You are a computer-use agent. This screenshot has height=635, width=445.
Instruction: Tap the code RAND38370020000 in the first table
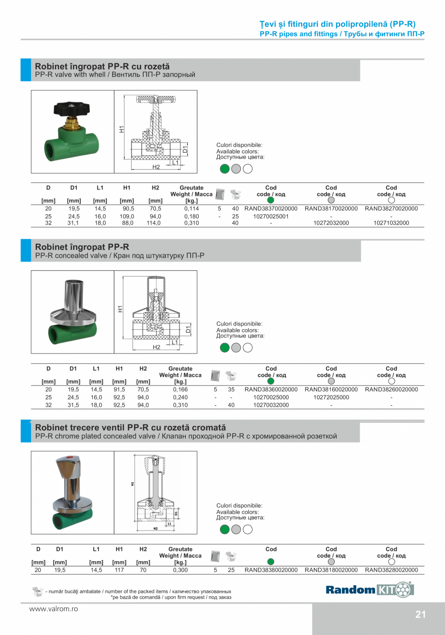pyautogui.click(x=271, y=209)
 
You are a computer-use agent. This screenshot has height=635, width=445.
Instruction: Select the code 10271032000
pyautogui.click(x=391, y=223)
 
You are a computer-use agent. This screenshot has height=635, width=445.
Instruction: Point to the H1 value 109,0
pyautogui.click(x=127, y=217)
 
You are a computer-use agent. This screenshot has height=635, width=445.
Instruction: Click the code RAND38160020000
pyautogui.click(x=331, y=389)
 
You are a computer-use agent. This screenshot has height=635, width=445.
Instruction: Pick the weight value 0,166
pyautogui.click(x=180, y=389)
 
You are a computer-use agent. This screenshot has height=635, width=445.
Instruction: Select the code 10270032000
pyautogui.click(x=271, y=405)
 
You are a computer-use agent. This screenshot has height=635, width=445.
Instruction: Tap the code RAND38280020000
pyautogui.click(x=391, y=570)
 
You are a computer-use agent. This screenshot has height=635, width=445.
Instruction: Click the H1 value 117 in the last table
pyautogui.click(x=119, y=570)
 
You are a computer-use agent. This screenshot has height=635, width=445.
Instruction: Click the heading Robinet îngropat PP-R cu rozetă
pyautogui.click(x=102, y=66)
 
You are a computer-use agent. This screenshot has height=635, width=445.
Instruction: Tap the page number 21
pyautogui.click(x=420, y=615)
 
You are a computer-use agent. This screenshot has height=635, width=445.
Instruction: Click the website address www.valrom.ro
pyautogui.click(x=53, y=609)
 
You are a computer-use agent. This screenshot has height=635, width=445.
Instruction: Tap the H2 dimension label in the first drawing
pyautogui.click(x=156, y=167)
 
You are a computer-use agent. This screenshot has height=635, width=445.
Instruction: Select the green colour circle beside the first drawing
pyautogui.click(x=224, y=169)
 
